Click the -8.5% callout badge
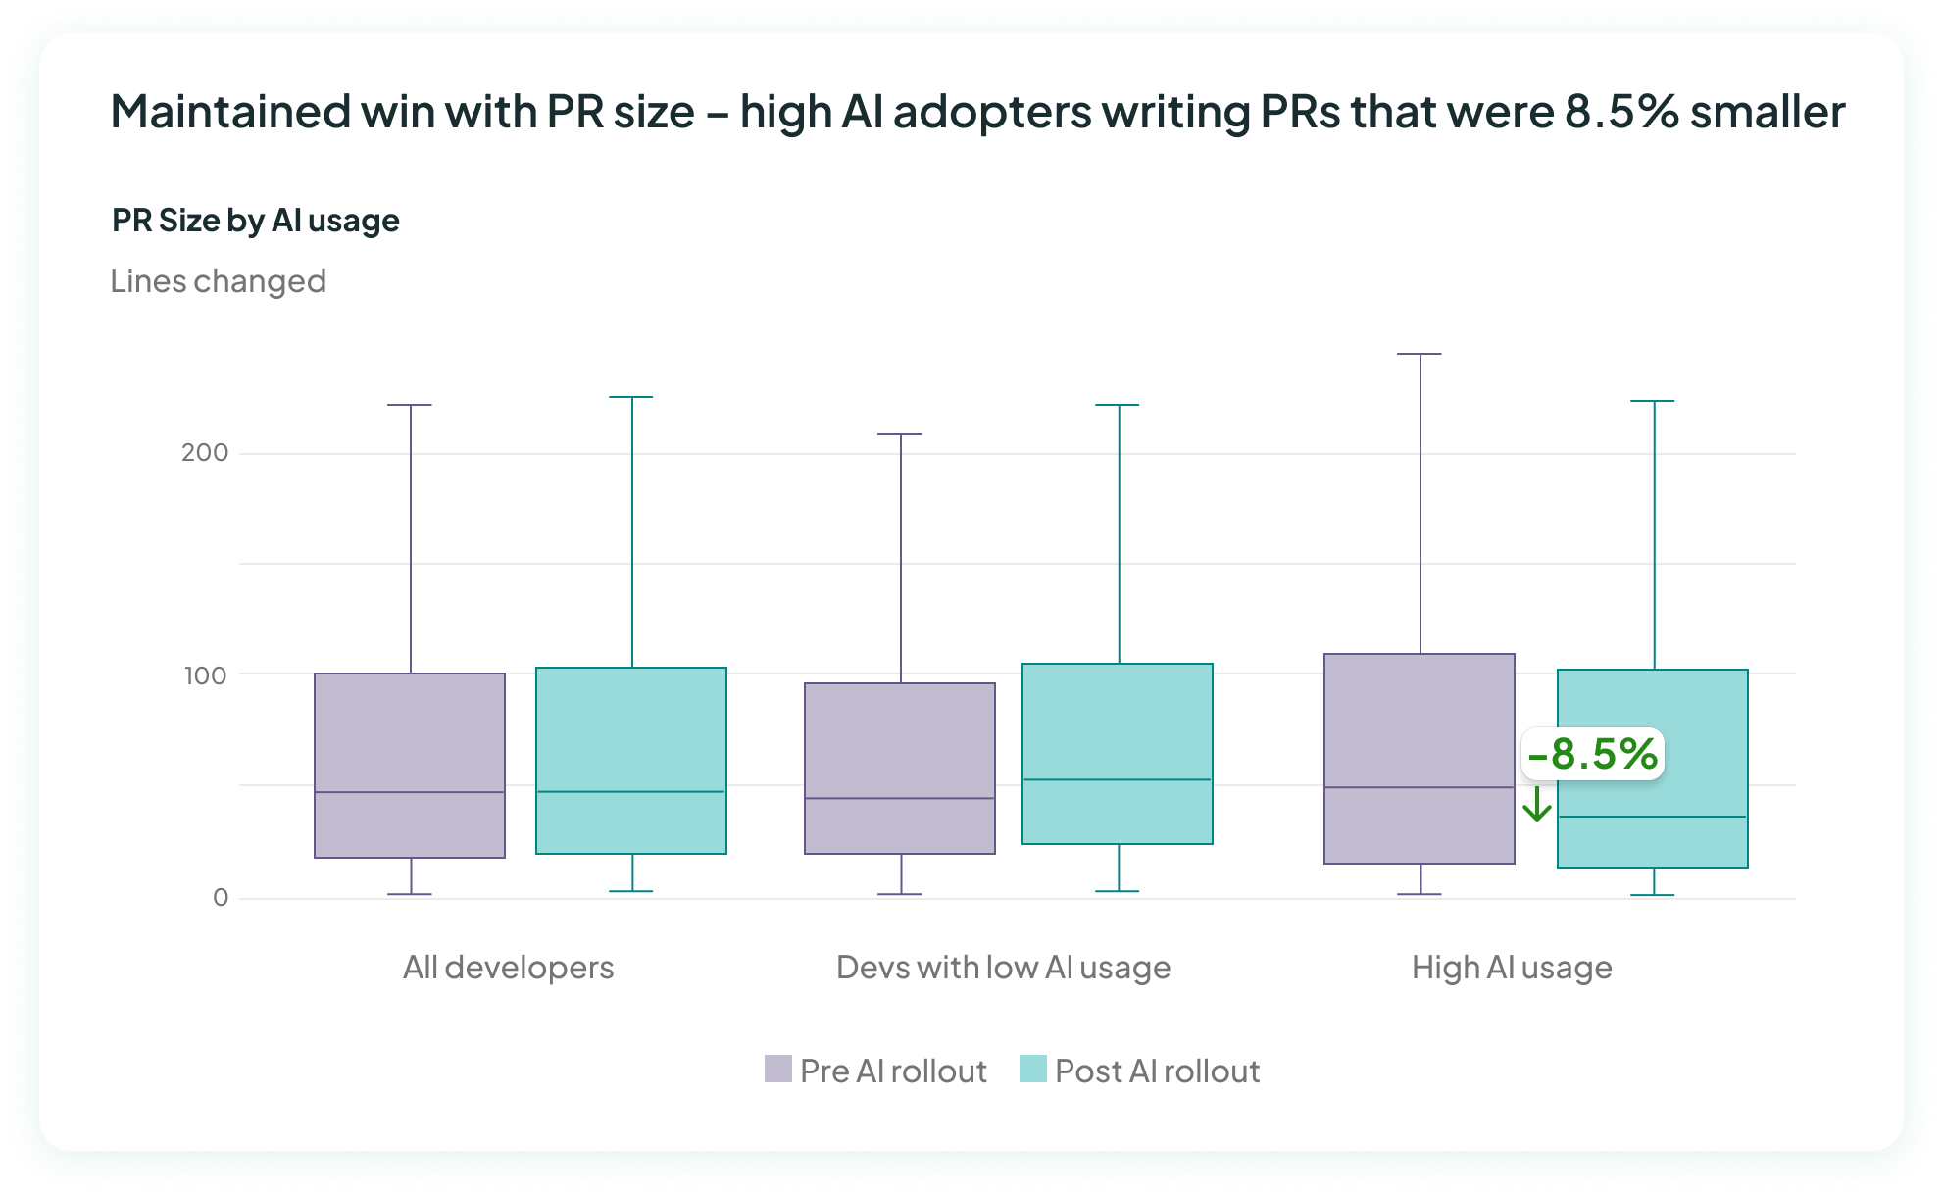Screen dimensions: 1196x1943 [x=1592, y=754]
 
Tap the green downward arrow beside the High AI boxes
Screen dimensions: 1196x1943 [x=1536, y=804]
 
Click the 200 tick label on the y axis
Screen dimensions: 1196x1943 [x=204, y=452]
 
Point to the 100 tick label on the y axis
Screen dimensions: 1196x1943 [x=205, y=674]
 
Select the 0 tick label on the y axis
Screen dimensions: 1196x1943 [x=221, y=897]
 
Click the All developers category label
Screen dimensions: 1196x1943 [x=508, y=968]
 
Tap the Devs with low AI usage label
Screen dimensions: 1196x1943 [x=1003, y=968]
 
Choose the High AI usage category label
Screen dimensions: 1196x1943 [x=1511, y=968]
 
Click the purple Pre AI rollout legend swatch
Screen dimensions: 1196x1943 [x=777, y=1069]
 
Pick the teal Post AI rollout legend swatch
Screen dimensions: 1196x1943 [x=1032, y=1069]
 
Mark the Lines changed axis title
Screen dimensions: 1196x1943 [x=218, y=281]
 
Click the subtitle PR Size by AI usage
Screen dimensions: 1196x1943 [x=255, y=221]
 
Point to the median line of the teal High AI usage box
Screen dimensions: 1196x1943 [x=1652, y=817]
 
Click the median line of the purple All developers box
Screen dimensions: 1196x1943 [x=410, y=792]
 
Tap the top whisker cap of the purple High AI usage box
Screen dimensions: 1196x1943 [x=1419, y=354]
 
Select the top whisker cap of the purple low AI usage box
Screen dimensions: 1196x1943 [x=899, y=434]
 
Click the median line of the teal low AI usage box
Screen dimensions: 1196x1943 [x=1118, y=779]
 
